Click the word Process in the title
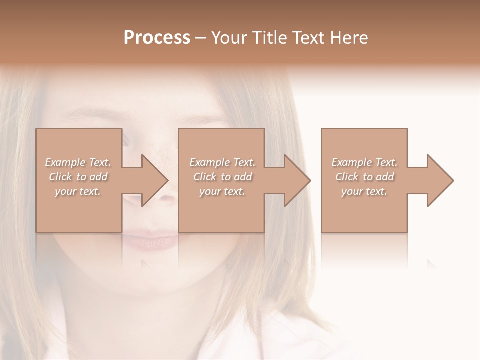[x=157, y=38]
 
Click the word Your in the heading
[x=230, y=38]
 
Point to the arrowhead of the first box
[x=154, y=180]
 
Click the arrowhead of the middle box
[x=297, y=180]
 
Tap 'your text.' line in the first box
[x=78, y=191]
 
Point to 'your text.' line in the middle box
[x=222, y=191]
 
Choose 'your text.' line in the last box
[x=364, y=191]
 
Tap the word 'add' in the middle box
[x=243, y=177]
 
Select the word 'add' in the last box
[x=385, y=177]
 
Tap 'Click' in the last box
[x=347, y=177]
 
